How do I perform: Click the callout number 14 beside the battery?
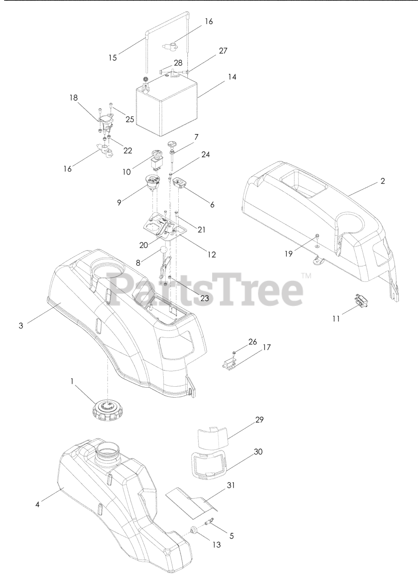(x=233, y=77)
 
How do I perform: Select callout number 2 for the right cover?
(x=383, y=181)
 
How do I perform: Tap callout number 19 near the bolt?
(x=289, y=254)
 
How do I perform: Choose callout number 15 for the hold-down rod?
(x=113, y=57)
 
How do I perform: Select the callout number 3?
(x=21, y=325)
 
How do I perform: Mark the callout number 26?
(x=252, y=342)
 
